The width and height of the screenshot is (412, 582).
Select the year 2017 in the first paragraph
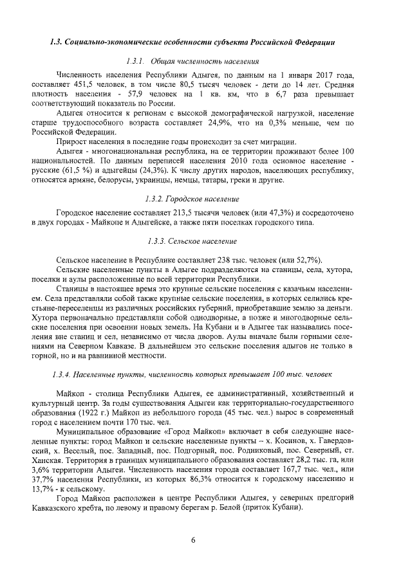tap(324, 75)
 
